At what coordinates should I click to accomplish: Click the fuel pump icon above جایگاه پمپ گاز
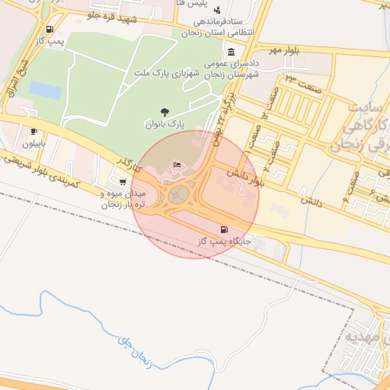click(x=223, y=229)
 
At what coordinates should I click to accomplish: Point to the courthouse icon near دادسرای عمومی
click(x=231, y=53)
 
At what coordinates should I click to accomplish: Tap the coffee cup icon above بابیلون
click(x=34, y=131)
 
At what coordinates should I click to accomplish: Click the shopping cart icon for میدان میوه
click(x=123, y=181)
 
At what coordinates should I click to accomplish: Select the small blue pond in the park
click(x=46, y=91)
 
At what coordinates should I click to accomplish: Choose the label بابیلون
click(x=34, y=142)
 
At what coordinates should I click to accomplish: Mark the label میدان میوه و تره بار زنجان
click(x=122, y=200)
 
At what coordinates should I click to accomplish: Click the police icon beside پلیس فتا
click(x=218, y=11)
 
